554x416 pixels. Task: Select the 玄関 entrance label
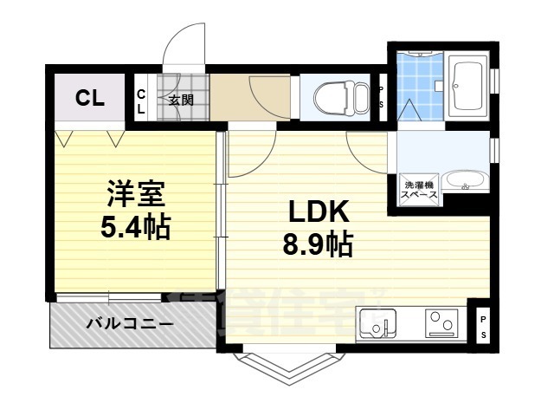click(180, 100)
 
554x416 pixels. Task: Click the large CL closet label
click(89, 98)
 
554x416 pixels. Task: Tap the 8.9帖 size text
click(317, 246)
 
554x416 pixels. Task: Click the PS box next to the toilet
click(382, 96)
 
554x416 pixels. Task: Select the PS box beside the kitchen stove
click(483, 327)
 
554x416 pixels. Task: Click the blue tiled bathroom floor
click(420, 83)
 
